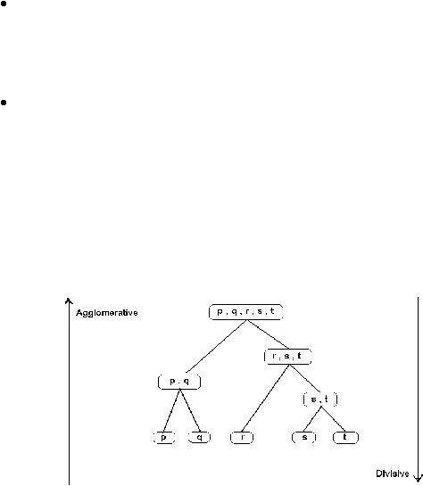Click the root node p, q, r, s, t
(246, 312)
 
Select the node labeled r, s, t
(287, 357)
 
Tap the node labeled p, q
(179, 382)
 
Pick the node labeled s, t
(320, 400)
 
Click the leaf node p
(164, 437)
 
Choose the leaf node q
(199, 437)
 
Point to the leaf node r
(242, 437)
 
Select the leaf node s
(304, 437)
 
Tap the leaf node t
(345, 437)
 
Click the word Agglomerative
(107, 313)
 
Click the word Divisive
(393, 474)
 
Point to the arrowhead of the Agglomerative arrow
(69, 301)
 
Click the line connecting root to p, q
(217, 346)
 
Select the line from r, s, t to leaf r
(265, 398)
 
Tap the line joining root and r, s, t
(268, 334)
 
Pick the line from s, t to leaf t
(333, 419)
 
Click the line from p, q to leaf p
(171, 410)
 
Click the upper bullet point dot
(4, 4)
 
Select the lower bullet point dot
(4, 103)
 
